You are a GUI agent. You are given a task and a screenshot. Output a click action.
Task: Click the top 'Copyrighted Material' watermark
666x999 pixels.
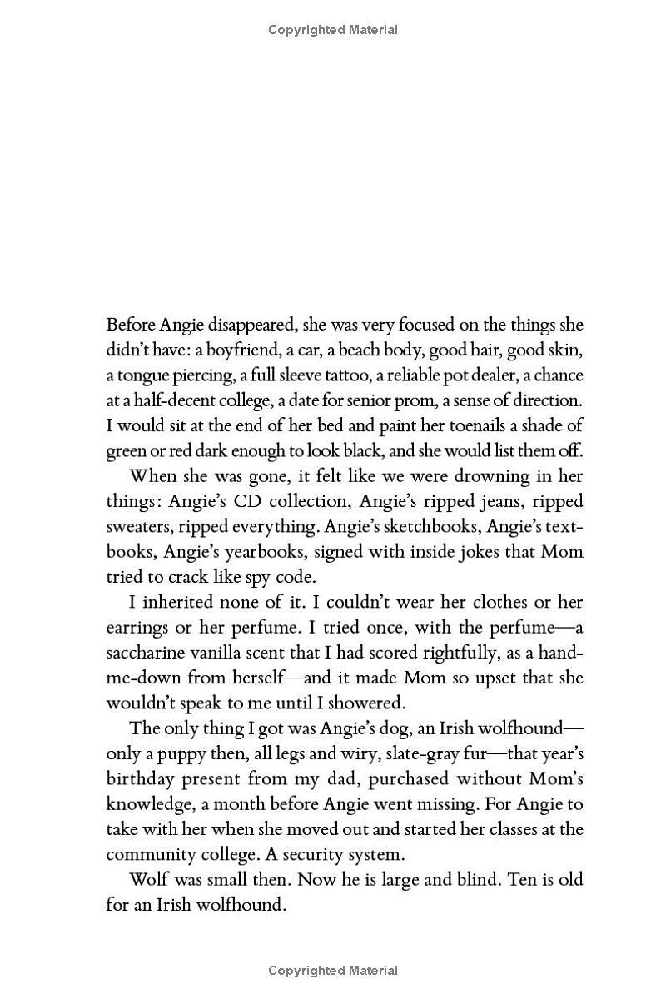[x=333, y=30]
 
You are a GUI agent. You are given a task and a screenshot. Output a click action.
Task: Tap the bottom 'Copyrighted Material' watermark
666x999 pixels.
[x=333, y=970]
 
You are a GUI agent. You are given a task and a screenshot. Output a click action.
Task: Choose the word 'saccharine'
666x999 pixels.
[x=147, y=653]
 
